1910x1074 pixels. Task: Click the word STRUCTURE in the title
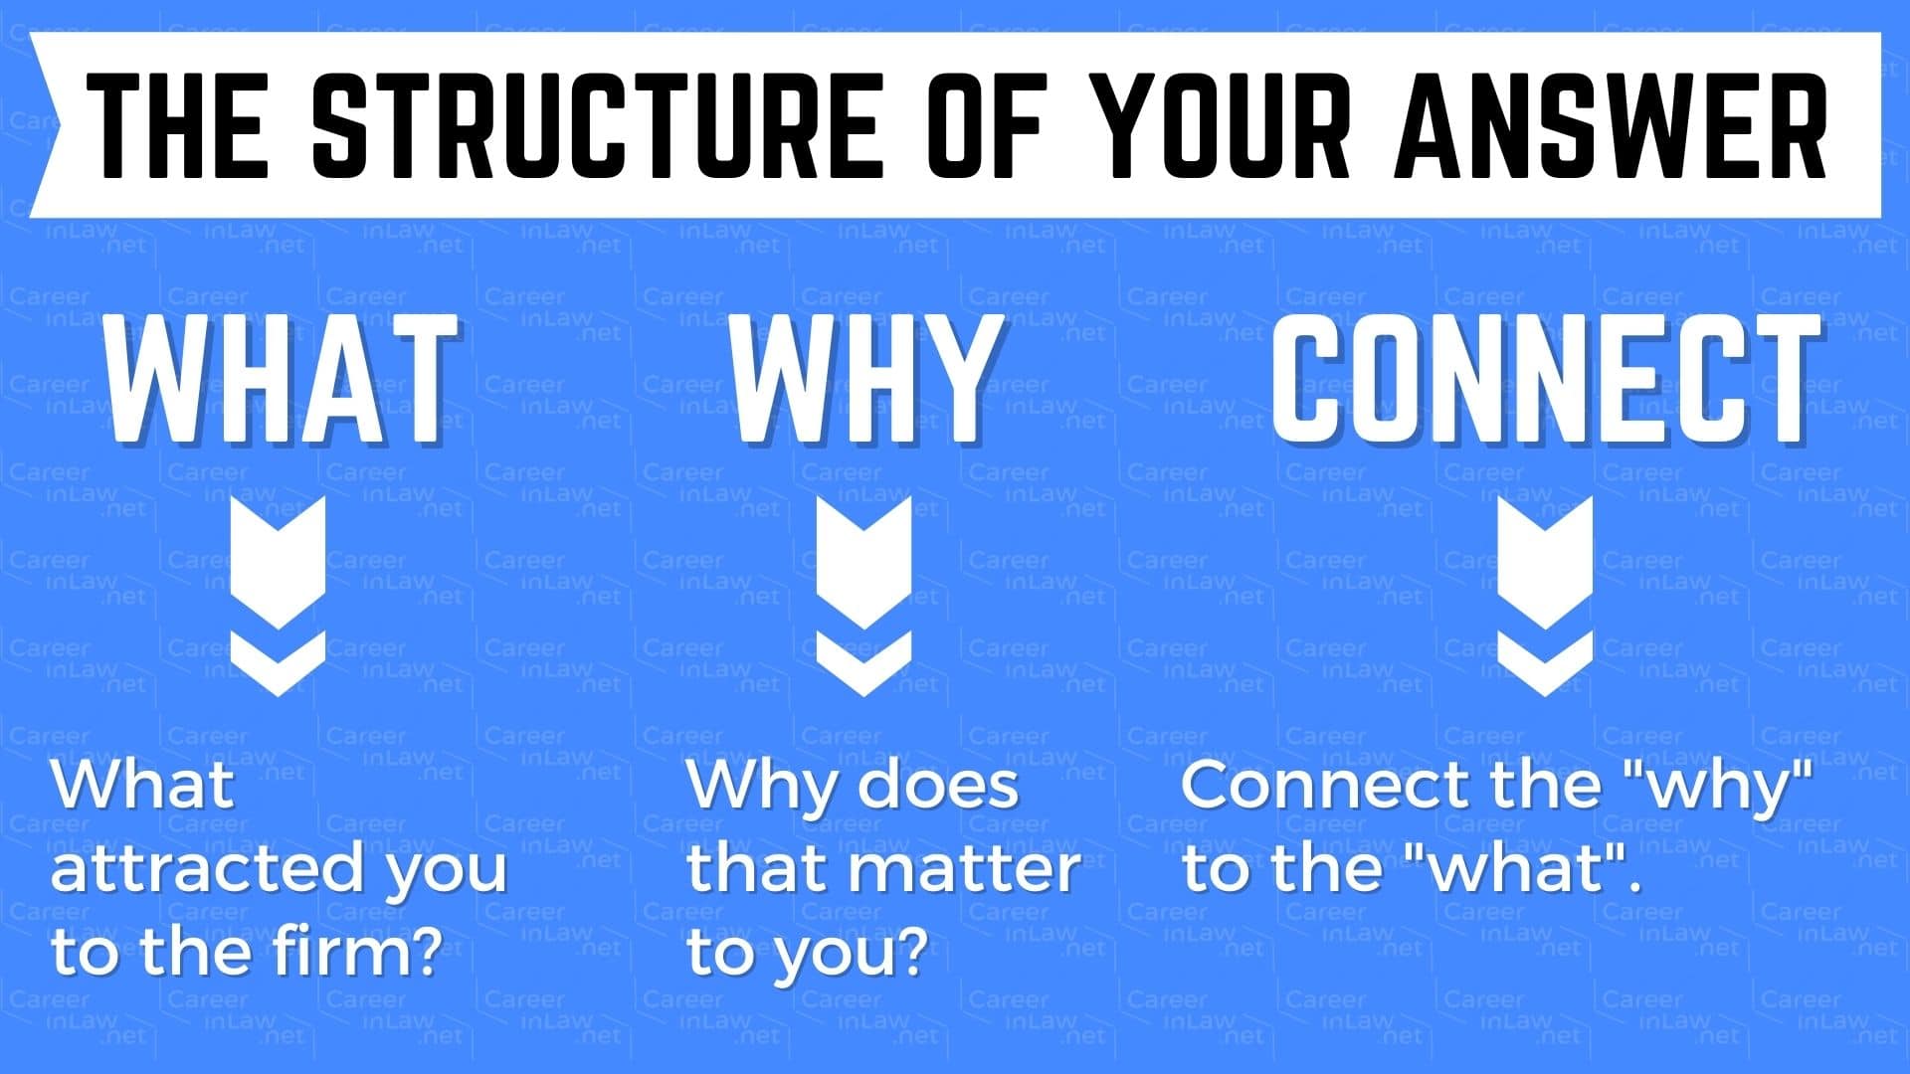tap(597, 124)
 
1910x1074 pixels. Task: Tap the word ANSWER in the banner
tap(1611, 124)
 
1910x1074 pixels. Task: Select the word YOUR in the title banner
tap(1225, 124)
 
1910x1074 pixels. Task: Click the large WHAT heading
tap(281, 378)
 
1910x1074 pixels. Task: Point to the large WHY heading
tap(864, 378)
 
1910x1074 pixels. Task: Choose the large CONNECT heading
tap(1546, 378)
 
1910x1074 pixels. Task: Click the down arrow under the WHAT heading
tap(278, 595)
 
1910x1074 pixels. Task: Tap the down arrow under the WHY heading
tap(863, 595)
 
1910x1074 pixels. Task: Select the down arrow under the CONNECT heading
tap(1545, 595)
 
